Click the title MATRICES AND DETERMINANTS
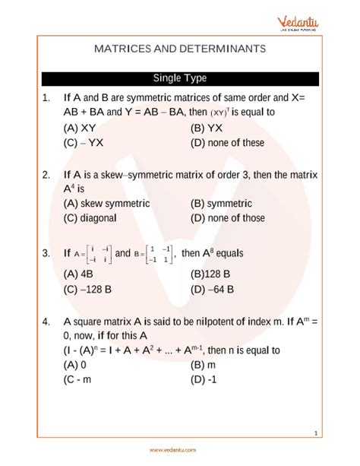coord(180,48)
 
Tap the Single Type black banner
coord(180,78)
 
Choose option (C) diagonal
coord(90,218)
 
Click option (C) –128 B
coord(91,290)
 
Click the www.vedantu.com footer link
coord(180,449)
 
